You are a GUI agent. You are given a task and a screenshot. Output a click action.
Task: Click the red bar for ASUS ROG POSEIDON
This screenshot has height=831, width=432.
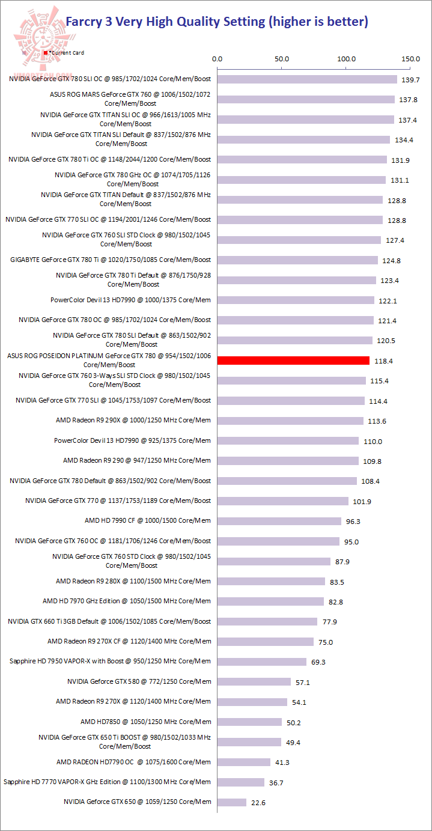tap(293, 361)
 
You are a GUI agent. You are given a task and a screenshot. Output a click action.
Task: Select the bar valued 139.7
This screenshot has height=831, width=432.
tap(307, 79)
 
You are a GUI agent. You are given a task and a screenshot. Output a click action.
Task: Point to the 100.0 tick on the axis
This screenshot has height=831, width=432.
tap(347, 59)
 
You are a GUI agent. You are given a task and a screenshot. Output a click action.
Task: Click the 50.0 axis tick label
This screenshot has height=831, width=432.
tap(282, 59)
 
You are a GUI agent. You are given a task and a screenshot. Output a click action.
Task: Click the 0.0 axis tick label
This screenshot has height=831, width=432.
tap(218, 59)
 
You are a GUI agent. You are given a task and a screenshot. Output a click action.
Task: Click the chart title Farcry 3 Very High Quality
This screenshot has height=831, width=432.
tap(216, 22)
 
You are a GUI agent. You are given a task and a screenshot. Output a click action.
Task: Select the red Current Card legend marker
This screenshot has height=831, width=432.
tap(46, 53)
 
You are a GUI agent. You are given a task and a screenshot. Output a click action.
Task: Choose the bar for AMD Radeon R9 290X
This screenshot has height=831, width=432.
tap(290, 421)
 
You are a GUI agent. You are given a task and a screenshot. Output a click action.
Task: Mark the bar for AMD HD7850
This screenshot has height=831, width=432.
tap(249, 722)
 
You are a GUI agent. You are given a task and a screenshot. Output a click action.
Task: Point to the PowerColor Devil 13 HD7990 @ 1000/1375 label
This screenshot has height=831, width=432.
tap(131, 300)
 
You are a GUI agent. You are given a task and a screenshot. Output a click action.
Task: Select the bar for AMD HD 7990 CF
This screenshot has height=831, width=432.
tap(279, 521)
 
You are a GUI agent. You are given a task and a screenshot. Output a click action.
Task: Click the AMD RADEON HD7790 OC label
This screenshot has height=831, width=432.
tap(133, 762)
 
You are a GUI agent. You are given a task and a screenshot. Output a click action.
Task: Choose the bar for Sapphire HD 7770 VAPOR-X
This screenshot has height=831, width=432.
tap(241, 782)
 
